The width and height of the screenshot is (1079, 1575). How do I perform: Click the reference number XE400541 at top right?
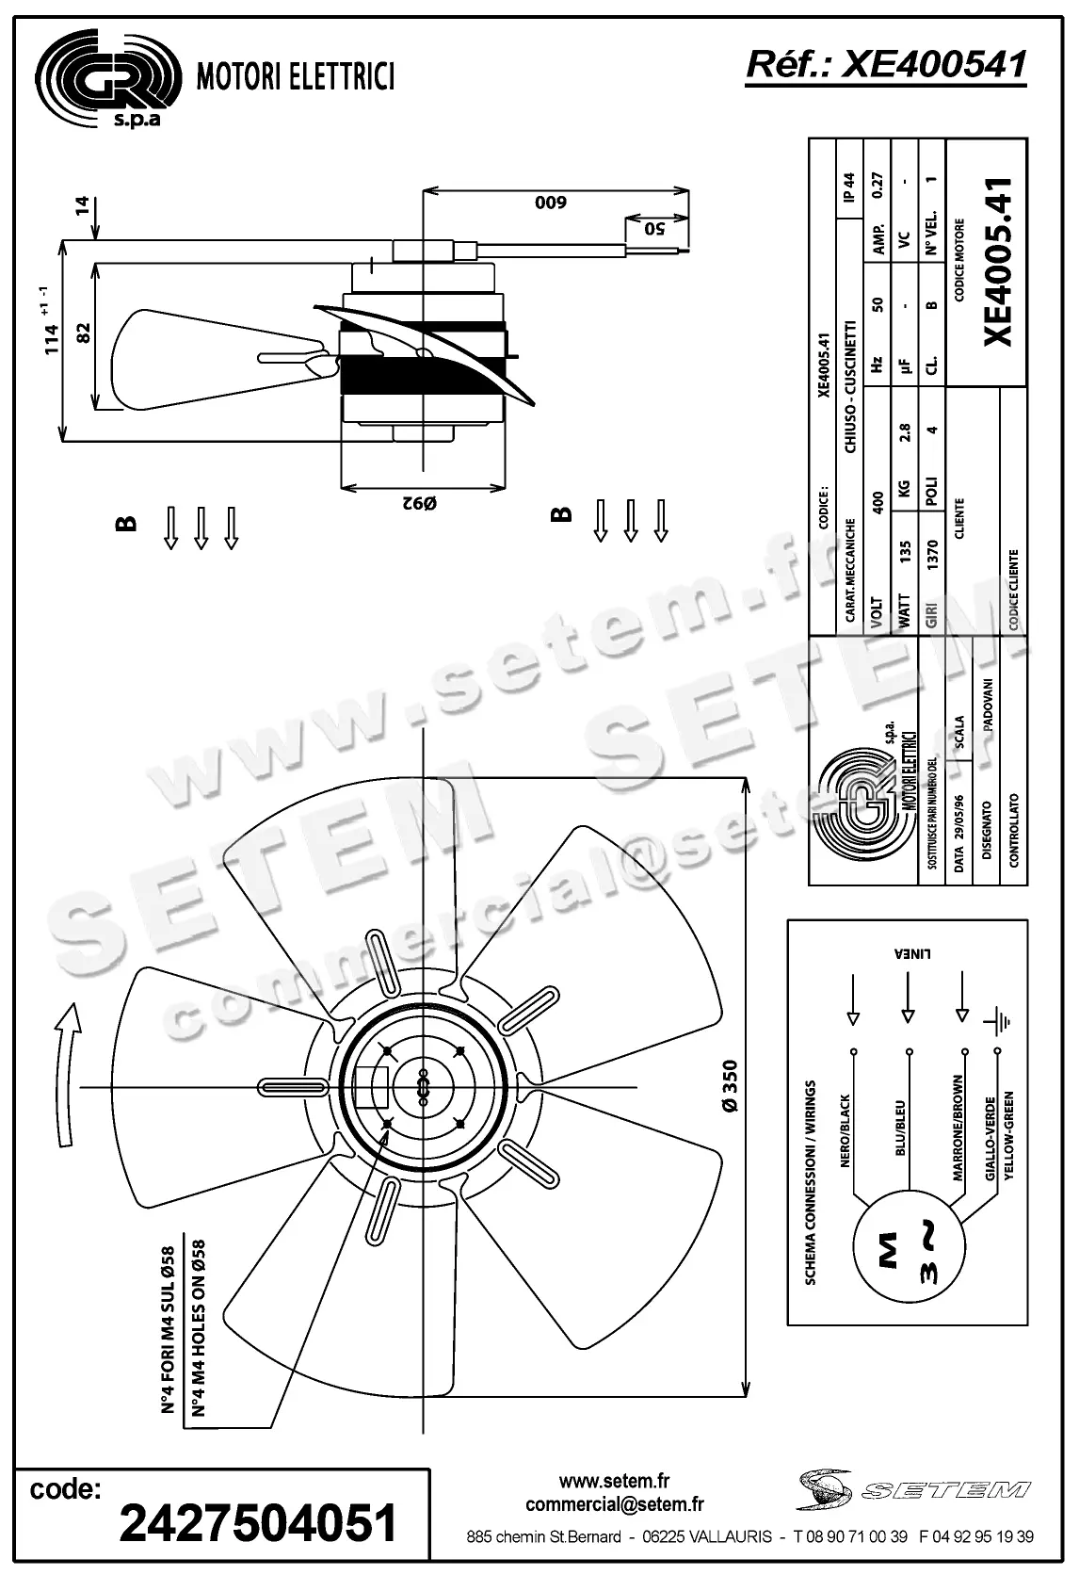(885, 64)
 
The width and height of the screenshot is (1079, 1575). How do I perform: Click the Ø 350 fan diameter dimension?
(731, 1088)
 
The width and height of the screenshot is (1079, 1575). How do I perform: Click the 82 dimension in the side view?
(83, 333)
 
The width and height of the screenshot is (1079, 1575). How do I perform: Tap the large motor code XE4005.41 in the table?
(998, 261)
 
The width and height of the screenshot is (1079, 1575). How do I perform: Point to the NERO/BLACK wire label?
(845, 1130)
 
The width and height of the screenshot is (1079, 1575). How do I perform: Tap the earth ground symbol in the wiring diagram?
(997, 1020)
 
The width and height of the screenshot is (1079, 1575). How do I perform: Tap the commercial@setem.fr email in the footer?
(615, 1504)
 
